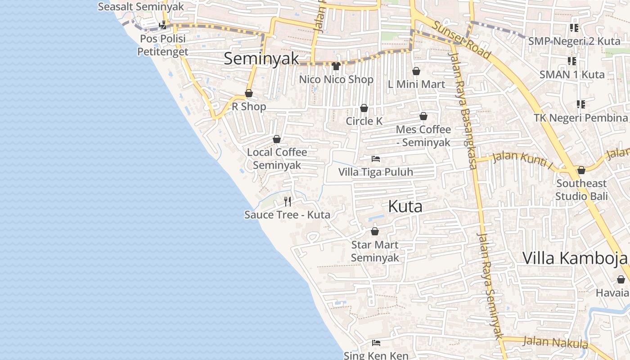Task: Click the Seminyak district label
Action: point(261,58)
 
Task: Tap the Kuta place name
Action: point(405,207)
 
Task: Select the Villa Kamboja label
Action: point(575,258)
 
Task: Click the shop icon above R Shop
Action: point(249,93)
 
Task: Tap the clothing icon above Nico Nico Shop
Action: point(336,66)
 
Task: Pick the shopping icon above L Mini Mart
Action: point(416,71)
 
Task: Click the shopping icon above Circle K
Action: point(364,108)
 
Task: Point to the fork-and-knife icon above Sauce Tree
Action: point(288,201)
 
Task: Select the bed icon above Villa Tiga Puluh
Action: point(376,158)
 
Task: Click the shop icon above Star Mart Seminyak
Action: point(375,232)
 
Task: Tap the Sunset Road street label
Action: point(462,39)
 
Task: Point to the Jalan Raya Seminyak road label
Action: point(490,286)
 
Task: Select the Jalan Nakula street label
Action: point(555,342)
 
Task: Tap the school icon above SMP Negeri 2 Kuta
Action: point(574,28)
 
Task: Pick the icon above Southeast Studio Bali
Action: point(581,170)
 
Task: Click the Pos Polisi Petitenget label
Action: point(162,45)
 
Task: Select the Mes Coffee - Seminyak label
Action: point(423,136)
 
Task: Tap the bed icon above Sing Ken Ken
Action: point(376,343)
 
